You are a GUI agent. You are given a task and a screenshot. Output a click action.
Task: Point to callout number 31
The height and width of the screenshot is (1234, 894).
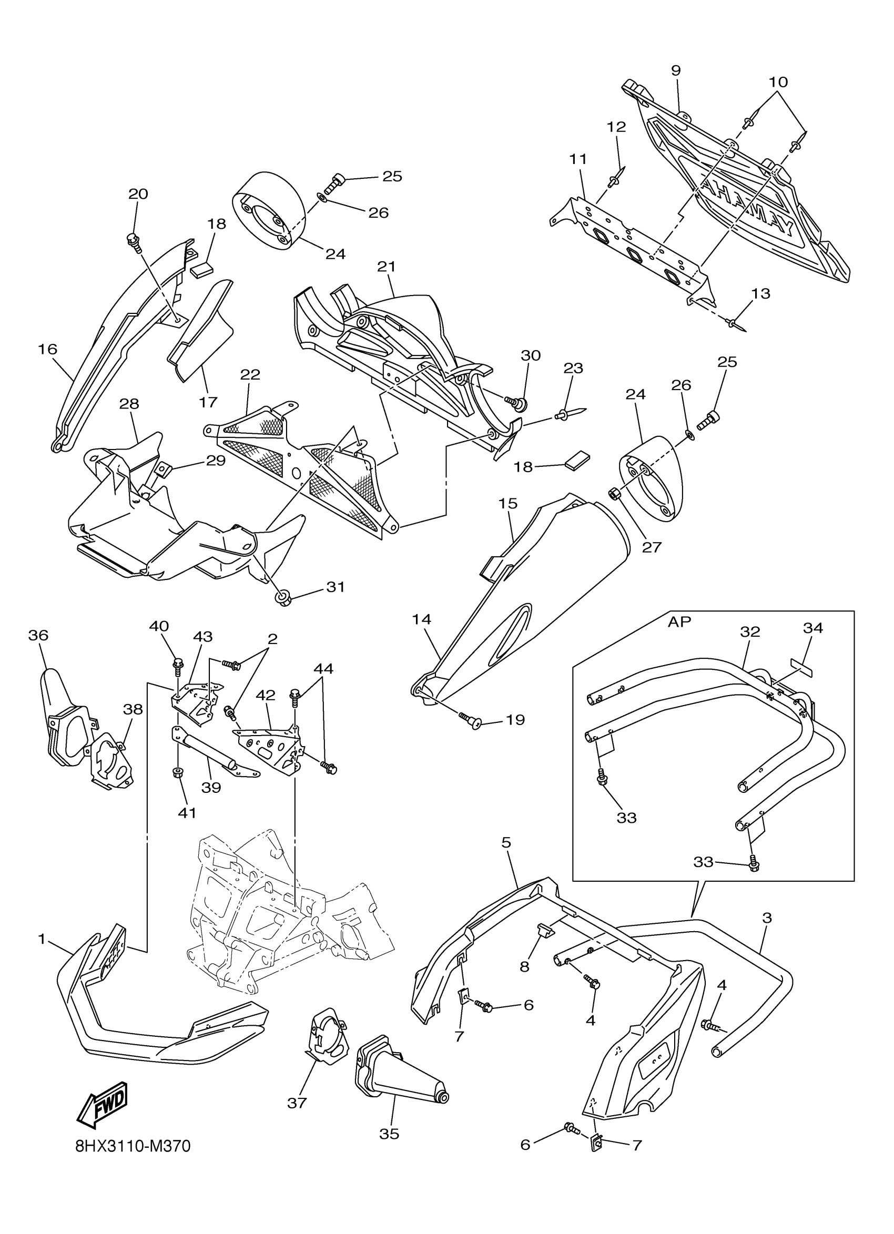click(336, 587)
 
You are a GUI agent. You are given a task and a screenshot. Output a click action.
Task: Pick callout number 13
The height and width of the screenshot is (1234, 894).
click(761, 293)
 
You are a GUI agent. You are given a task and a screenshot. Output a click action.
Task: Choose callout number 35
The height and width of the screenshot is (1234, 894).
click(390, 1134)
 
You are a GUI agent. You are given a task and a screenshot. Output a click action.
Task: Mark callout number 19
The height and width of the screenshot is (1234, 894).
click(515, 720)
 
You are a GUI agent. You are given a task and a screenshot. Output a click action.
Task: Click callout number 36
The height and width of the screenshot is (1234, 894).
click(38, 635)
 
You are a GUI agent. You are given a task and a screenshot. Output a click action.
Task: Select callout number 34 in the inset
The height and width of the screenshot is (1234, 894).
click(812, 628)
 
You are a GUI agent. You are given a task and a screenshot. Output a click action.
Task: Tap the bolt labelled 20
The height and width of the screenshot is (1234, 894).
click(133, 240)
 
